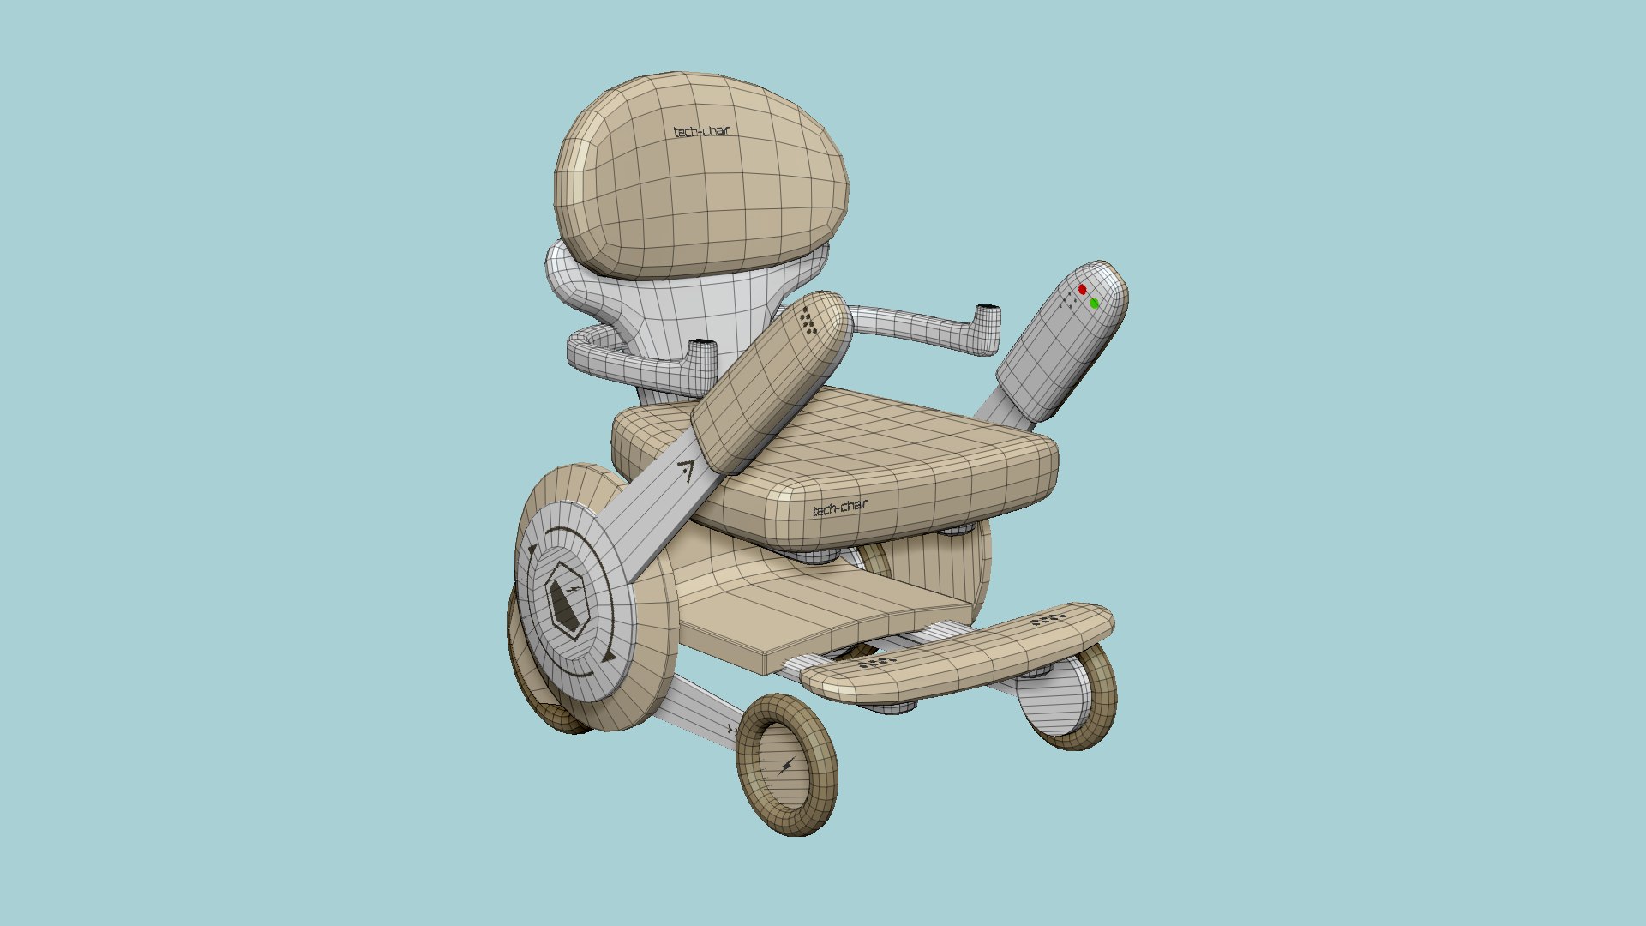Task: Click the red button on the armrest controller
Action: pos(1082,290)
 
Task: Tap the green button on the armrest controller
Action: pos(1095,303)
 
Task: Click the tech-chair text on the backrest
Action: pos(702,132)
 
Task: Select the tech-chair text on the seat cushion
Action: pos(839,508)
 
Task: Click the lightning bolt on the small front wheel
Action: pos(786,766)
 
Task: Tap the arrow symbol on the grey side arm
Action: pos(686,470)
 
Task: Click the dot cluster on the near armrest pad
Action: pos(808,320)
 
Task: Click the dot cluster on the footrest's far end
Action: pos(1048,618)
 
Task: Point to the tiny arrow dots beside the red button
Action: pos(1068,300)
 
